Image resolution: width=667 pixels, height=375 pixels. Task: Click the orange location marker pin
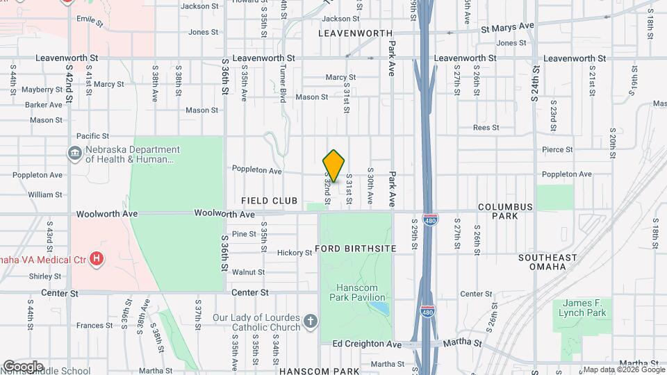(334, 165)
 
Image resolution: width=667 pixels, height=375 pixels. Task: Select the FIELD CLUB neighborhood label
(269, 201)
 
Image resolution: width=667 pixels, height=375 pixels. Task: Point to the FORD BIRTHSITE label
(356, 248)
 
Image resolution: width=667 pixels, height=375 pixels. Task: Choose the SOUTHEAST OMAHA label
(547, 262)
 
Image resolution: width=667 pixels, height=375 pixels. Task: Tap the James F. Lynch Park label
(582, 308)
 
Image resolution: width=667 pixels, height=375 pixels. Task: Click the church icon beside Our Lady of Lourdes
(310, 322)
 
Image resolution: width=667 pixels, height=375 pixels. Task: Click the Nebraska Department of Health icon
(75, 153)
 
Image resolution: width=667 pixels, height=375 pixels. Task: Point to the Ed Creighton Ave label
(367, 344)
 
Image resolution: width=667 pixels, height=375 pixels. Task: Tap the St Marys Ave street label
(507, 26)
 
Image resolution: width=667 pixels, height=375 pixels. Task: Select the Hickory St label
(295, 253)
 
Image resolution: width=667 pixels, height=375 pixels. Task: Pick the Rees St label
(486, 128)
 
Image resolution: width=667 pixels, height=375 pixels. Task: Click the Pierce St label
(557, 149)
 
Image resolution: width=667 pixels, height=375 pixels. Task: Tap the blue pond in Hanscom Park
(378, 307)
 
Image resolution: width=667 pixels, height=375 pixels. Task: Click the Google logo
(23, 366)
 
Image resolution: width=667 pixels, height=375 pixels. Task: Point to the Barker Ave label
(44, 105)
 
